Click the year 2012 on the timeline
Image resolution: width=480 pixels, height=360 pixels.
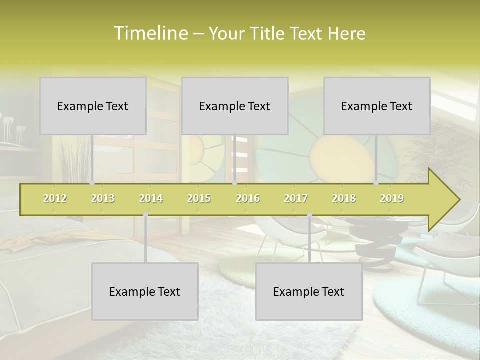point(55,198)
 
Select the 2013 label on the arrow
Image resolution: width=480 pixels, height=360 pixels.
point(103,198)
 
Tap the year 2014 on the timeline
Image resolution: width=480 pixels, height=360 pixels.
point(151,198)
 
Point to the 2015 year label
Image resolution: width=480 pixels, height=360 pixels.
point(199,198)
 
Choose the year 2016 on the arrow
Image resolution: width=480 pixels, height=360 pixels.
point(248,198)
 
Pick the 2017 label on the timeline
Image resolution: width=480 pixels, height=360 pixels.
point(296,198)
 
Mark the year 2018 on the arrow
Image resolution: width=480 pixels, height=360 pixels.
point(344,198)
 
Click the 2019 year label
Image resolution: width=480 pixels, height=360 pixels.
point(392,198)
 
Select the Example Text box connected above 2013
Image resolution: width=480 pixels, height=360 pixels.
point(93,106)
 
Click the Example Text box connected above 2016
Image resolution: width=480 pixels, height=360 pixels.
point(235,106)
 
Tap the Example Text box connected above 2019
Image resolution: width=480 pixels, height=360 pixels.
point(377,106)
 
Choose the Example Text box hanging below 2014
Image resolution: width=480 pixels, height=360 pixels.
point(145,291)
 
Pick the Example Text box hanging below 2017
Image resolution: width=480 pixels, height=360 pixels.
point(309,291)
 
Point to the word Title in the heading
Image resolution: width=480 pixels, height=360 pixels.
point(268,33)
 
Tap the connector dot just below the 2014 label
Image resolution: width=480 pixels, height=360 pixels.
point(145,215)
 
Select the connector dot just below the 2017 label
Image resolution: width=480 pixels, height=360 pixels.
point(309,215)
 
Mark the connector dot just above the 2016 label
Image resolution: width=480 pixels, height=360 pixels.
point(234,183)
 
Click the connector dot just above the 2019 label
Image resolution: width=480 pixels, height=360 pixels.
point(376,183)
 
